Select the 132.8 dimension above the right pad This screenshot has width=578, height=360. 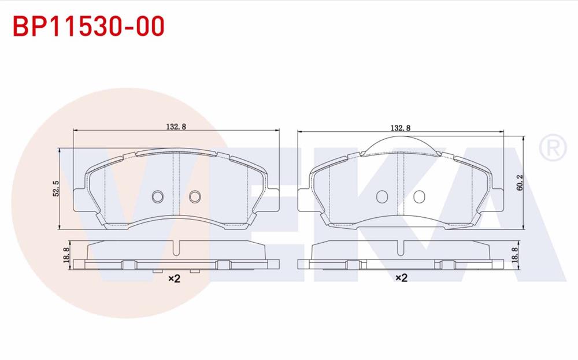coord(400,127)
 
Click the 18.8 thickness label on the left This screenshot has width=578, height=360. coord(66,254)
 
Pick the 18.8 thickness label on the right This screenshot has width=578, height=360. coord(514,254)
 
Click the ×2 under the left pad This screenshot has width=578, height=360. coord(175,279)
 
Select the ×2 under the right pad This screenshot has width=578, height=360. coord(401,279)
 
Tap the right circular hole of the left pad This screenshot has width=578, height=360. coord(195,197)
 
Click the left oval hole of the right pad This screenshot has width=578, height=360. coord(381,197)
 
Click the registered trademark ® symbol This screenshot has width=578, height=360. coord(551,148)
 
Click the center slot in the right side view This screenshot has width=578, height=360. coord(401,248)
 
